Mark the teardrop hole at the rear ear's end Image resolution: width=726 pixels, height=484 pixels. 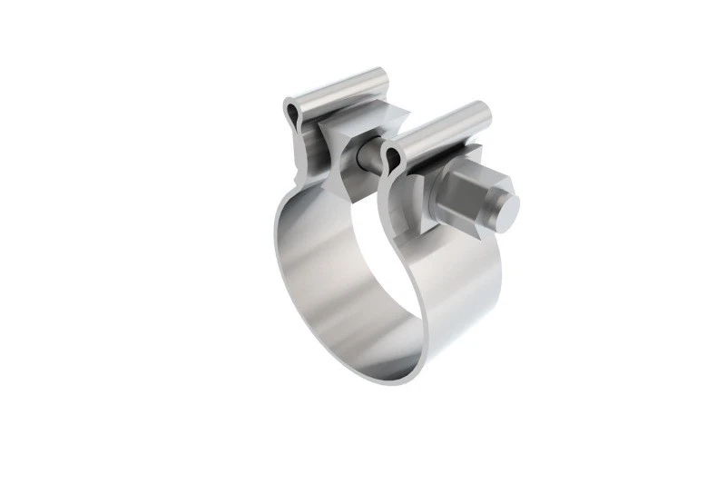pyautogui.click(x=290, y=114)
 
